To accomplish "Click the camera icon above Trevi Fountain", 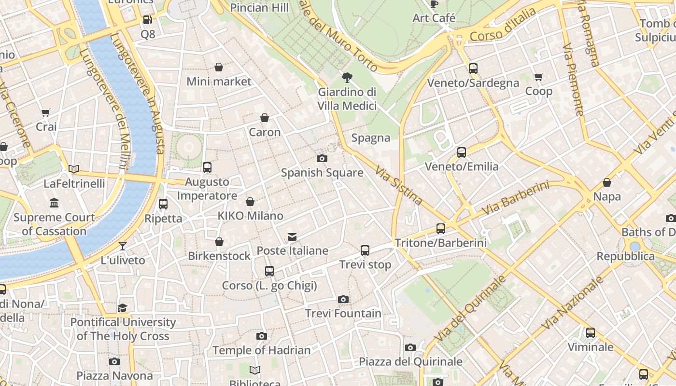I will coord(343,300).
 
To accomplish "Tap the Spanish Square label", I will coord(322,172).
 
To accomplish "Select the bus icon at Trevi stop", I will coord(365,250).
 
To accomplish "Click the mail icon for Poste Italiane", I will coord(292,237).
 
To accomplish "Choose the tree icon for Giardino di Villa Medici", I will coord(347,77).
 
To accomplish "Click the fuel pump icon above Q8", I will coord(148,20).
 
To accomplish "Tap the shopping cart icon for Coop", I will coord(539,77).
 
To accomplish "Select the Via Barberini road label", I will coord(516,198).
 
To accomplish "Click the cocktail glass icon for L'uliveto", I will coord(123,246).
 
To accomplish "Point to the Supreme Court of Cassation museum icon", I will coord(54,203).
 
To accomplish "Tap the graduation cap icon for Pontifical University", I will coord(123,308).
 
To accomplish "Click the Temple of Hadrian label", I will coord(261,350).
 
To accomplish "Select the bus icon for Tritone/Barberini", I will coord(440,229).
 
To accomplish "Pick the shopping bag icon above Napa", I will coord(607,182).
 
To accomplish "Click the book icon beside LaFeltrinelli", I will coord(74,169).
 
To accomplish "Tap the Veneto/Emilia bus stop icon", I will coord(462,152).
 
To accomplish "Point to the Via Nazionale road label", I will coord(573,303).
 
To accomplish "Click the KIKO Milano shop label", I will coord(250,216).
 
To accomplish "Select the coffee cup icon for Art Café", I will coord(434,4).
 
